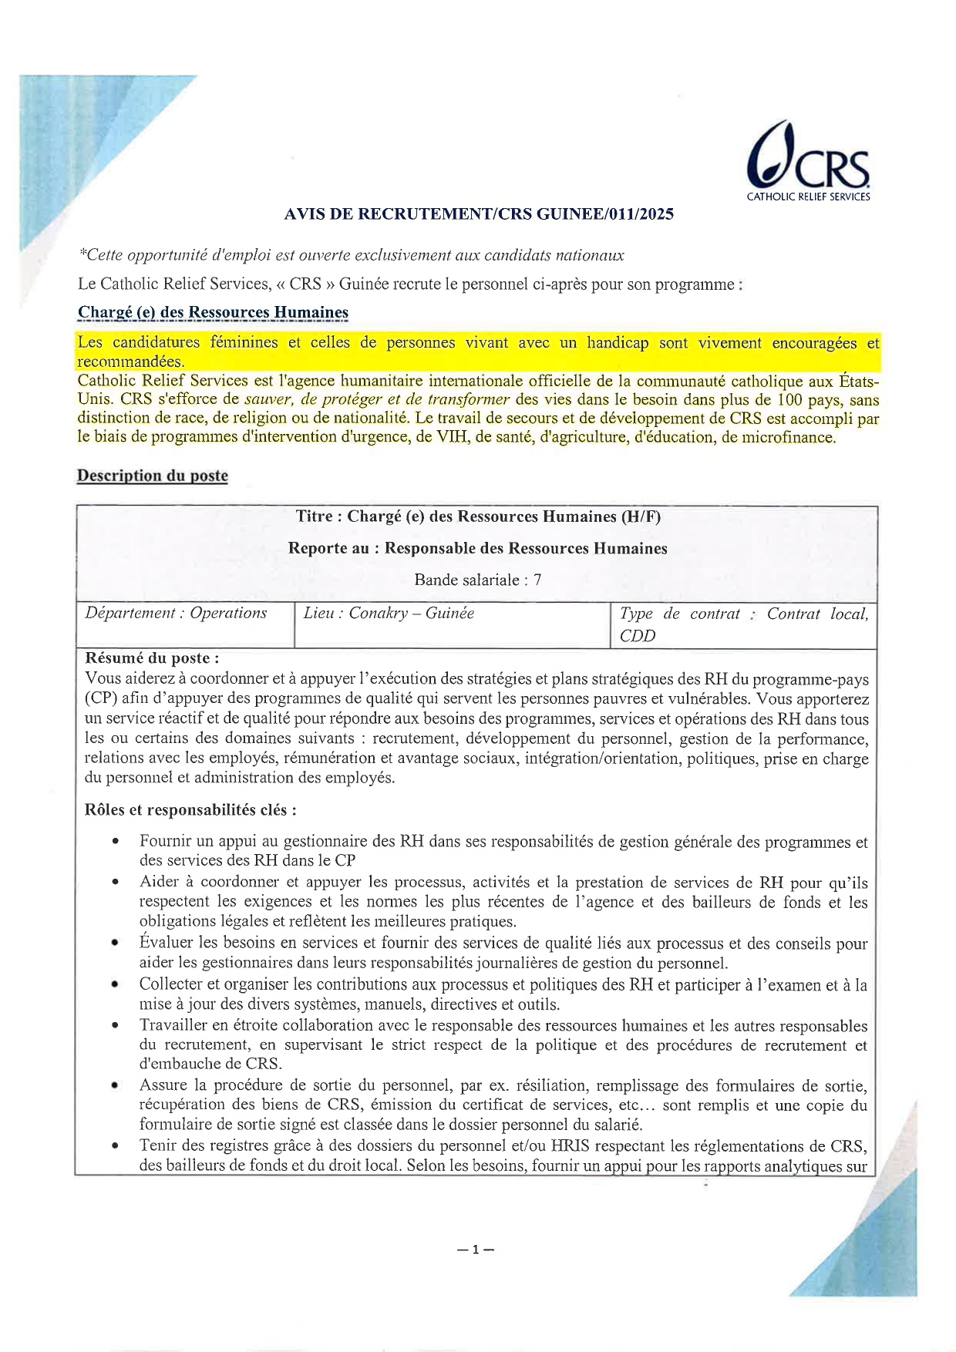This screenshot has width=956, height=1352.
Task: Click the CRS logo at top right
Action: pyautogui.click(x=808, y=162)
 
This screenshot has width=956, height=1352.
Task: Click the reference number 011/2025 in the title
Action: pyautogui.click(x=641, y=214)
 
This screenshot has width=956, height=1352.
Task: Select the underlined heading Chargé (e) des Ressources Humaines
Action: pyautogui.click(x=213, y=312)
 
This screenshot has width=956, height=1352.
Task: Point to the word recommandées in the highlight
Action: pyautogui.click(x=130, y=362)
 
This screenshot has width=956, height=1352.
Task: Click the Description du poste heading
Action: pyautogui.click(x=152, y=476)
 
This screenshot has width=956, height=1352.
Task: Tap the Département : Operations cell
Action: pyautogui.click(x=177, y=614)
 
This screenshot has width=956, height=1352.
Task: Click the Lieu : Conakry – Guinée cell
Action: pyautogui.click(x=389, y=614)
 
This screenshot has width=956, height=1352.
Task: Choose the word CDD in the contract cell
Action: pyautogui.click(x=638, y=636)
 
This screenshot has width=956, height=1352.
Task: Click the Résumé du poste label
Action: pyautogui.click(x=152, y=658)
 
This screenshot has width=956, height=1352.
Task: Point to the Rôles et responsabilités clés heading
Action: pyautogui.click(x=190, y=810)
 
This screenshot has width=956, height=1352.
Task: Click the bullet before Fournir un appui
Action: pyautogui.click(x=115, y=842)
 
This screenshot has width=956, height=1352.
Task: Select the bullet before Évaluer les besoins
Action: pyautogui.click(x=115, y=943)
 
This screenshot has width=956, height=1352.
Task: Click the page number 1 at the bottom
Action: pyautogui.click(x=476, y=1249)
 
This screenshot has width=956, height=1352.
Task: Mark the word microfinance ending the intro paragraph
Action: pyautogui.click(x=787, y=438)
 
